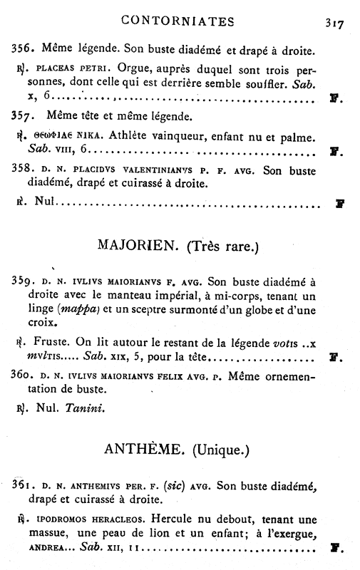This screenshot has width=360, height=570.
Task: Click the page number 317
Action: pos(334,23)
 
